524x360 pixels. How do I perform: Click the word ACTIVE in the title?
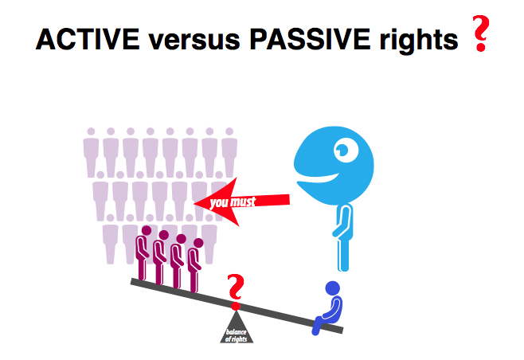tap(88, 39)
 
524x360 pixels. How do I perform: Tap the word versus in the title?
tap(194, 41)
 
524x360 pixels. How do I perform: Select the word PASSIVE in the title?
tap(310, 39)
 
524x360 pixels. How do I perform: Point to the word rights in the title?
tap(419, 41)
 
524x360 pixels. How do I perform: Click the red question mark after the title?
tap(480, 33)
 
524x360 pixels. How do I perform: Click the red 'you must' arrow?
tap(241, 202)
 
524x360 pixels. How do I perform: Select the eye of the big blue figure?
tap(346, 150)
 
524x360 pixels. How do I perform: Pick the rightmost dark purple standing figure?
tap(195, 264)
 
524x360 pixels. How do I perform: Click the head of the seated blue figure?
tap(333, 288)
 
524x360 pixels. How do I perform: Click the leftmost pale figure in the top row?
tap(91, 152)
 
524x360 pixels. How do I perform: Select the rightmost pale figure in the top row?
tap(229, 152)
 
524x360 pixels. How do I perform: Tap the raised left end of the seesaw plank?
tap(132, 281)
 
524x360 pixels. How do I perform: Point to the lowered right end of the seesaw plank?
tap(341, 330)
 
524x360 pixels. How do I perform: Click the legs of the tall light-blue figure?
tap(343, 254)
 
